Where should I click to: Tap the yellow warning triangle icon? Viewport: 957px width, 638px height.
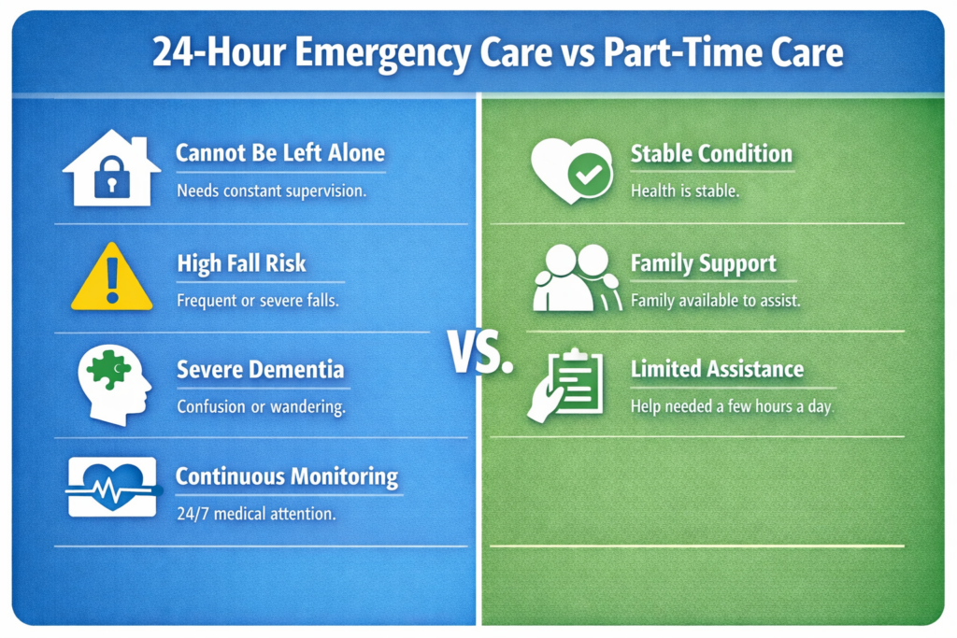pyautogui.click(x=112, y=277)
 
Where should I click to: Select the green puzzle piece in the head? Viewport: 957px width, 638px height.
pyautogui.click(x=108, y=368)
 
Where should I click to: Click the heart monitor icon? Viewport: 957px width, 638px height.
pyautogui.click(x=113, y=487)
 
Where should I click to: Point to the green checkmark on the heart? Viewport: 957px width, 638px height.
pyautogui.click(x=590, y=175)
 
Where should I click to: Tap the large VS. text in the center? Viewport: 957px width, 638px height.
pyautogui.click(x=479, y=352)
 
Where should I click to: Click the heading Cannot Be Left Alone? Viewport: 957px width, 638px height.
pyautogui.click(x=280, y=152)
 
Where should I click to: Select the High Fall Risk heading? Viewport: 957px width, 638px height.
pyautogui.click(x=242, y=263)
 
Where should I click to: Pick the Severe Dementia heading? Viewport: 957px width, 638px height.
pyautogui.click(x=261, y=370)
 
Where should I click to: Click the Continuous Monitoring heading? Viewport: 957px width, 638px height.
pyautogui.click(x=287, y=476)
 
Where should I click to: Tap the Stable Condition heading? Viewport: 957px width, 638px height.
pyautogui.click(x=711, y=154)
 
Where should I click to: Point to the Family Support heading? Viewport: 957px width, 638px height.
pyautogui.click(x=703, y=263)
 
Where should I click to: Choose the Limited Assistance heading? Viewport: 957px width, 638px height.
pyautogui.click(x=717, y=369)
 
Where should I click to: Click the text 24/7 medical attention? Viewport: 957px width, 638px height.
pyautogui.click(x=256, y=514)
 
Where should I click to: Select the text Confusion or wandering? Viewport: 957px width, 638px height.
pyautogui.click(x=262, y=406)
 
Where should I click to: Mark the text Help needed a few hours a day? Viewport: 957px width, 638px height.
pyautogui.click(x=732, y=406)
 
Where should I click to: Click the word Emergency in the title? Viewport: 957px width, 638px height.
pyautogui.click(x=382, y=52)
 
